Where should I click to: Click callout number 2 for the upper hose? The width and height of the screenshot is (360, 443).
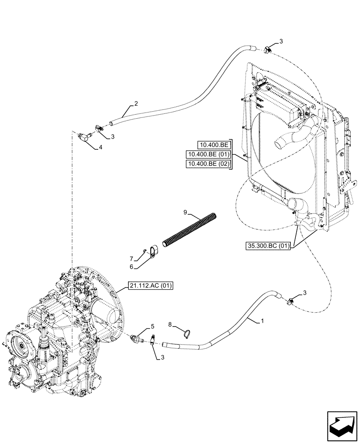136,104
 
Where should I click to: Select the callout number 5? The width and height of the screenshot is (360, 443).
153,327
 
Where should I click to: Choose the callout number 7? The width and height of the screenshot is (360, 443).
131,258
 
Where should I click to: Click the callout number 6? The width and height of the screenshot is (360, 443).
131,267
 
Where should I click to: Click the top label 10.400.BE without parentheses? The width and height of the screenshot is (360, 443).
214,144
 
